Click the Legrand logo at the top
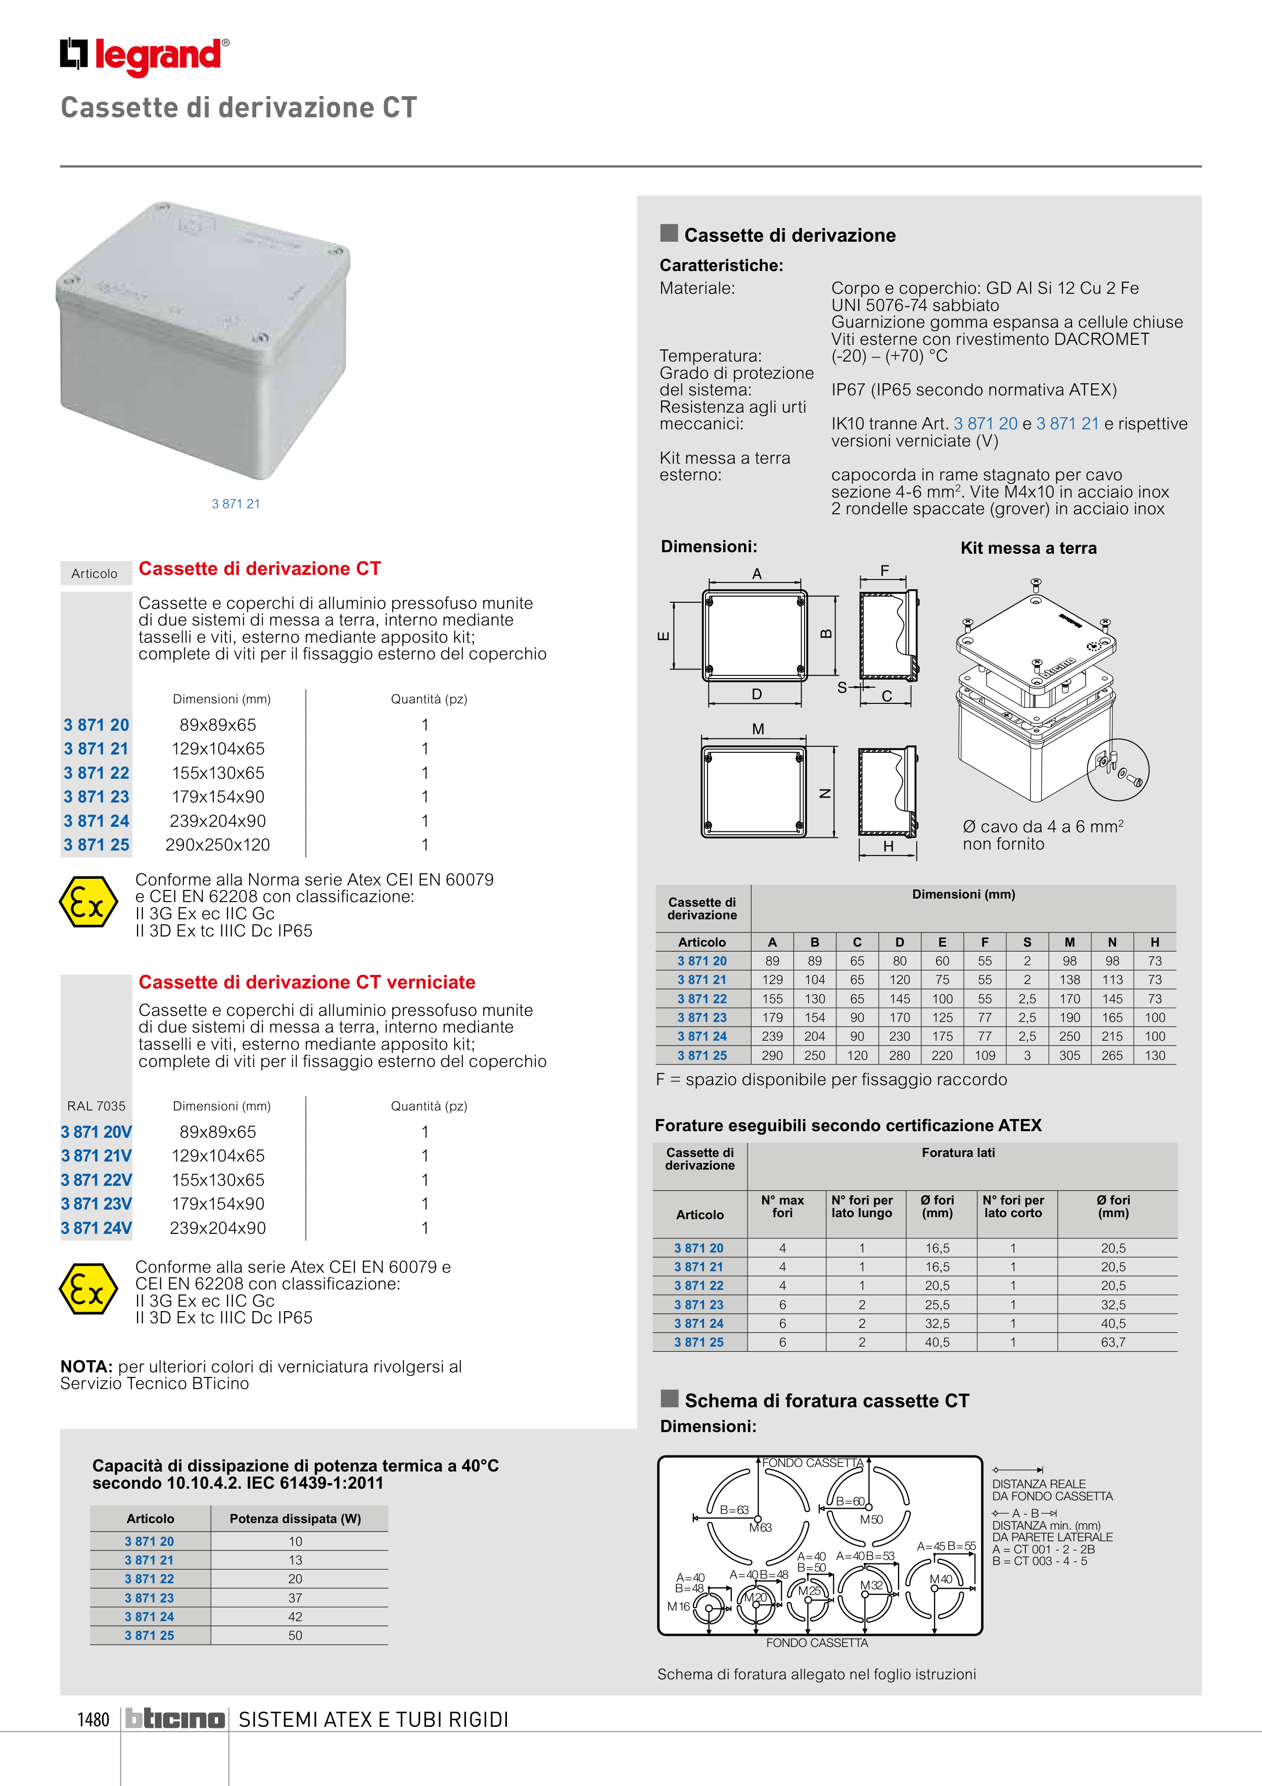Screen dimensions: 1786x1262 tap(145, 56)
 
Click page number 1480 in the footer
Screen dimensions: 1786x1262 tap(94, 1719)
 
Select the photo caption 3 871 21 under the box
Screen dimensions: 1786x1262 tap(236, 504)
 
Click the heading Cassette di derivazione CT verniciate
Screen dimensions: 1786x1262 tap(306, 983)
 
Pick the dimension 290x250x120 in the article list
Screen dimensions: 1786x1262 tap(218, 845)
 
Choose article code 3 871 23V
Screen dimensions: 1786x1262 tap(97, 1204)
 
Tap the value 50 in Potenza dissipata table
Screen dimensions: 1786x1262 tap(296, 1636)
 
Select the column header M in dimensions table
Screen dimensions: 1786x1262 tap(1069, 942)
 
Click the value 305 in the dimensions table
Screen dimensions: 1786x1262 tap(1069, 1056)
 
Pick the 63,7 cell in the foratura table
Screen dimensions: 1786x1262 tap(1113, 1343)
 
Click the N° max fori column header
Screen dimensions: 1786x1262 tap(782, 1207)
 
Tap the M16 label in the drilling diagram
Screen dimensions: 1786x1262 tap(678, 1606)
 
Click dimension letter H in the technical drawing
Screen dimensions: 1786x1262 tap(888, 847)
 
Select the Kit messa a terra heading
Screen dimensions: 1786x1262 tap(1028, 549)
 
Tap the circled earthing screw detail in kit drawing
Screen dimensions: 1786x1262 tap(1117, 769)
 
